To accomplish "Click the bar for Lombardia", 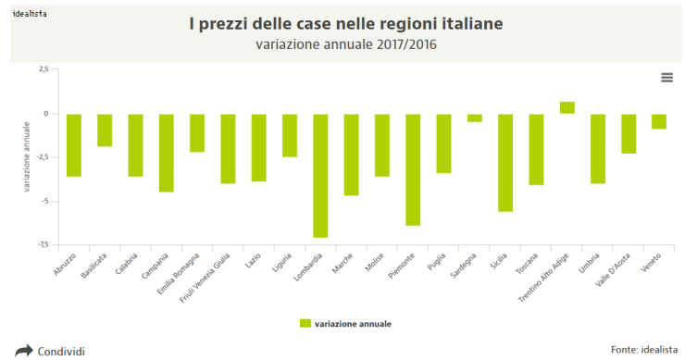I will pyautogui.click(x=320, y=175).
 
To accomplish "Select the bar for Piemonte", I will pyautogui.click(x=413, y=169).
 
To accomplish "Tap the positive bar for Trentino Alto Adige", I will pyautogui.click(x=567, y=107).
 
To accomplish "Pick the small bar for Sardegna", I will pyautogui.click(x=475, y=118).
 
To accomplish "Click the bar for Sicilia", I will pyautogui.click(x=505, y=162).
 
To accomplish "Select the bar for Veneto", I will pyautogui.click(x=659, y=121).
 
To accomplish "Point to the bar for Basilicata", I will pyautogui.click(x=105, y=130).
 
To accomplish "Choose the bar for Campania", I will pyautogui.click(x=167, y=153).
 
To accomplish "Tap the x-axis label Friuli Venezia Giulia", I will pyautogui.click(x=205, y=275).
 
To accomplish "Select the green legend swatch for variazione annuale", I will pyautogui.click(x=305, y=324).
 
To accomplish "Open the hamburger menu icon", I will pyautogui.click(x=666, y=78).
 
